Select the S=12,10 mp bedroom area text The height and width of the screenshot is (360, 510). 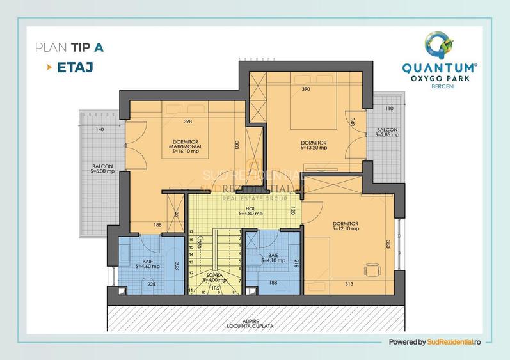[346, 228]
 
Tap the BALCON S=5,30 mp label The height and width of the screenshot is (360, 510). [102, 169]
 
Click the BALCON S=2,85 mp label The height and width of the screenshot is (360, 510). [387, 132]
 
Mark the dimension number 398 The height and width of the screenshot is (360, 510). [187, 121]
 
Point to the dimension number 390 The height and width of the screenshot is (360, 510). [305, 90]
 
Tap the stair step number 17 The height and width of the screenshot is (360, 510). [191, 231]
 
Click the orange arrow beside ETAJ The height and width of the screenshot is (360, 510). [49, 67]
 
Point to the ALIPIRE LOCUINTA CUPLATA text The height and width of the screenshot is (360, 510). [254, 323]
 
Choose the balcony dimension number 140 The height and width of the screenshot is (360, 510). [99, 130]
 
